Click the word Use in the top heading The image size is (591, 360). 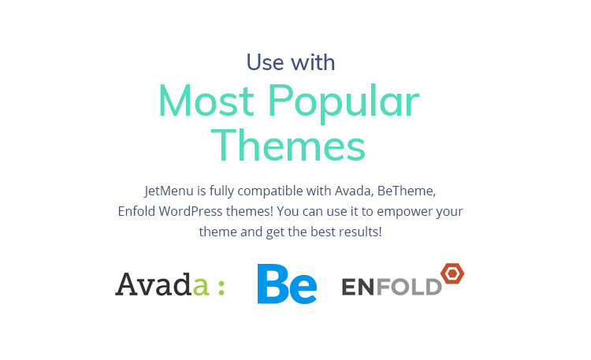(x=265, y=62)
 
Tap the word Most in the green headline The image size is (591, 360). (x=206, y=101)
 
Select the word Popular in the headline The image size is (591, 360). (x=344, y=103)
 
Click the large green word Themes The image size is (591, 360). (x=288, y=145)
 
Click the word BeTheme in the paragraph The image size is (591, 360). (x=407, y=191)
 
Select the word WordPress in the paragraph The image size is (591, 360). (x=191, y=211)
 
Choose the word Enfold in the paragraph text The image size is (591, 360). (x=136, y=211)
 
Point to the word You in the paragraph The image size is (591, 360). (x=288, y=211)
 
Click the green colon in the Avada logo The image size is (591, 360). (x=221, y=288)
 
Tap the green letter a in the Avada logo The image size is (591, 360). (x=200, y=287)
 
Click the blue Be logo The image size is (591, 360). (x=287, y=284)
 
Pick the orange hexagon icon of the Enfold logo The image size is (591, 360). (x=452, y=273)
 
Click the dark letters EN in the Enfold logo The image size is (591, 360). (x=358, y=287)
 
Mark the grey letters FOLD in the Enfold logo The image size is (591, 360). (x=409, y=287)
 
